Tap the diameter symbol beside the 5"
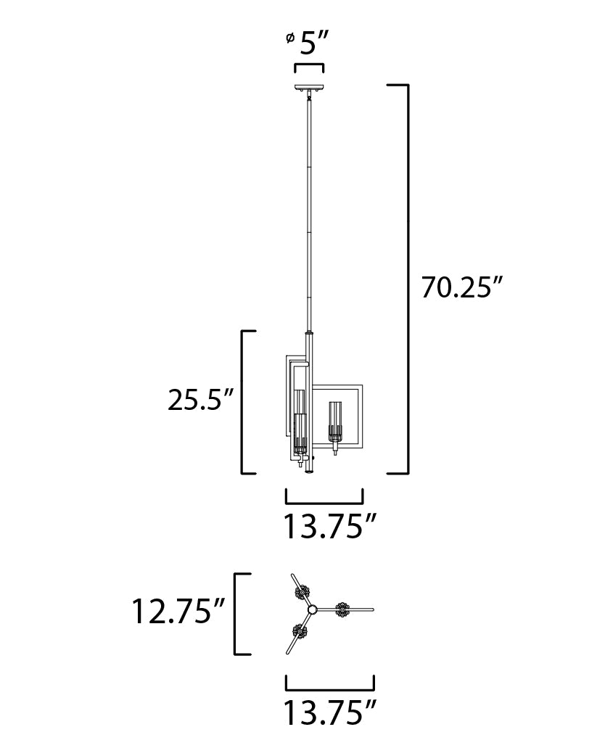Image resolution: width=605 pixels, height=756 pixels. tap(289, 38)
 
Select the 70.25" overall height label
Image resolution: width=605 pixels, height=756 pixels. tap(462, 287)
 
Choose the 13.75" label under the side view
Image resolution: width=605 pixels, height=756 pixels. tap(329, 526)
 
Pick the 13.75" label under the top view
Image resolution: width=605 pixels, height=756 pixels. tap(329, 712)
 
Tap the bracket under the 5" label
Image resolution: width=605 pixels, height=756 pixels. tap(309, 68)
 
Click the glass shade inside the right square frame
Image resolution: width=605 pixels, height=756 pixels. tap(334, 422)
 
